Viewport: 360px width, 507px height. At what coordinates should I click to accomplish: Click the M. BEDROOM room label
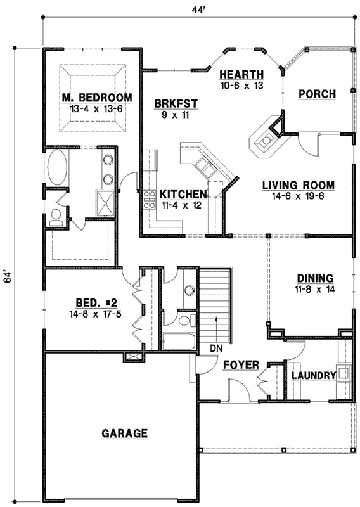click(x=97, y=98)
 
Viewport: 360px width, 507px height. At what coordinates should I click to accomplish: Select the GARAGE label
click(x=124, y=433)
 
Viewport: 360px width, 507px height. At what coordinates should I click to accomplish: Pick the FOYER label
click(x=240, y=365)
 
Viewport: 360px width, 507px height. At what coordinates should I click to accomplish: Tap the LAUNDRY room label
click(x=313, y=376)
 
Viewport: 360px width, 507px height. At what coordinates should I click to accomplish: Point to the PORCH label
click(x=317, y=94)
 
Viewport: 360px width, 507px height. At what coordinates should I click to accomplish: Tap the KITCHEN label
click(x=183, y=195)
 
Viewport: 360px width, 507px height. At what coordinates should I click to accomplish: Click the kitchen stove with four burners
click(x=150, y=200)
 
